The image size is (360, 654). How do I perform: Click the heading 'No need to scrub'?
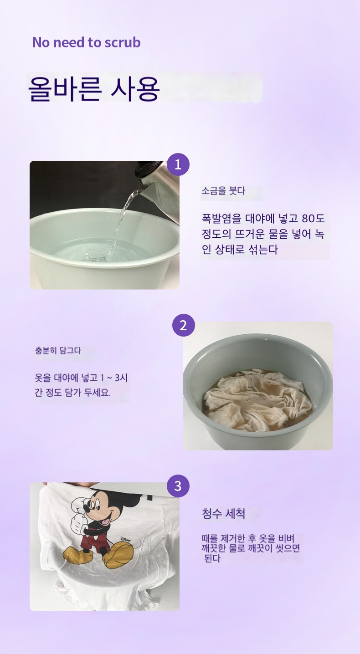[x=87, y=42]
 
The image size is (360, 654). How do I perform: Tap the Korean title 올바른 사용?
[x=94, y=89]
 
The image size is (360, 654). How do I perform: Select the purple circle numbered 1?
[x=178, y=164]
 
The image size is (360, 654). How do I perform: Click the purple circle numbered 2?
[x=183, y=325]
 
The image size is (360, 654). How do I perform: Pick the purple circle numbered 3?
[x=178, y=486]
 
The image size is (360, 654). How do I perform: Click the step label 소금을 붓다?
[x=223, y=191]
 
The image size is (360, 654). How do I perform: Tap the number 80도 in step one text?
[x=313, y=219]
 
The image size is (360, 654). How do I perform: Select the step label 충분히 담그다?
[x=58, y=350]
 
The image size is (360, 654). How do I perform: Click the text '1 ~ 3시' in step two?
[x=114, y=378]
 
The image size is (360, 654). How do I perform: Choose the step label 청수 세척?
[x=224, y=514]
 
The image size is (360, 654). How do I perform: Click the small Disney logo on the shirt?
[x=126, y=540]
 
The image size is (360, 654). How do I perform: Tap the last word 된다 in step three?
[x=212, y=558]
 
